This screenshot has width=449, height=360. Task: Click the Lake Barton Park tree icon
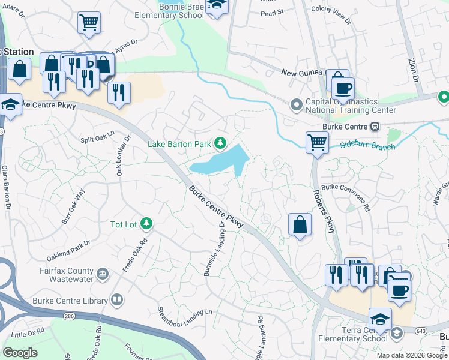[x=221, y=143]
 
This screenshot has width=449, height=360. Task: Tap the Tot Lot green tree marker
[x=146, y=224]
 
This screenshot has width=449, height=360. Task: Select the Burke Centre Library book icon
[x=118, y=300]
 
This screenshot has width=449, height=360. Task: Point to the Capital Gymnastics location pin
[x=295, y=105]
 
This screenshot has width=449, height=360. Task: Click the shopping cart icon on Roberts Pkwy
[x=316, y=143]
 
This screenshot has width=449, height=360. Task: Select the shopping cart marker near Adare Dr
[x=89, y=22]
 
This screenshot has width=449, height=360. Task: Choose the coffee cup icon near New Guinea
[x=343, y=88]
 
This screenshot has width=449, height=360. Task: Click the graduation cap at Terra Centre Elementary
[x=379, y=319]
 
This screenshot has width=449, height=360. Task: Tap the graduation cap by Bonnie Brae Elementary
[x=217, y=5]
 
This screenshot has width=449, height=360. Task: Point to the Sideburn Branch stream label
[x=367, y=146]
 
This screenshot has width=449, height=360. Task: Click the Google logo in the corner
[x=20, y=353]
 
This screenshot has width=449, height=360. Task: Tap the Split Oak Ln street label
[x=97, y=137]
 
